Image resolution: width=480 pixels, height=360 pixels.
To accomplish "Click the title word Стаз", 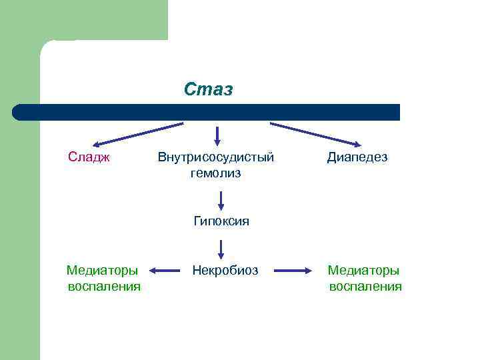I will (x=209, y=89).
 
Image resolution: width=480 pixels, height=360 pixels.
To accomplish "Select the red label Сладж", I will (x=89, y=157).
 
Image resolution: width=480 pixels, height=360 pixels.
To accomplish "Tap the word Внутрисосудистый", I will (x=216, y=157).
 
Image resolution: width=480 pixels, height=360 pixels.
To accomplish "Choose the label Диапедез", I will (x=357, y=157).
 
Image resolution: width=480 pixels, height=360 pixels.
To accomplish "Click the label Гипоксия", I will (x=221, y=221).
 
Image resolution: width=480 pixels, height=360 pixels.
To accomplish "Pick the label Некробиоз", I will (x=225, y=271).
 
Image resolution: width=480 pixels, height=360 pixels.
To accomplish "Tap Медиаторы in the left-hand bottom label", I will (x=103, y=271).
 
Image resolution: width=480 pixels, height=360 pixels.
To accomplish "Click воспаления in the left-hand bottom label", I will (x=104, y=287).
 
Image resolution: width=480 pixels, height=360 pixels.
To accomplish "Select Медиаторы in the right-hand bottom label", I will (x=363, y=271).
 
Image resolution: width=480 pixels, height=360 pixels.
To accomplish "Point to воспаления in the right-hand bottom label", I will (x=365, y=287).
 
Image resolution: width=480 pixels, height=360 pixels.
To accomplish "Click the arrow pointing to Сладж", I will (x=137, y=134).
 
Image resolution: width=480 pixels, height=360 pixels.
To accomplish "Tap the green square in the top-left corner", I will (x=83, y=20).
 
